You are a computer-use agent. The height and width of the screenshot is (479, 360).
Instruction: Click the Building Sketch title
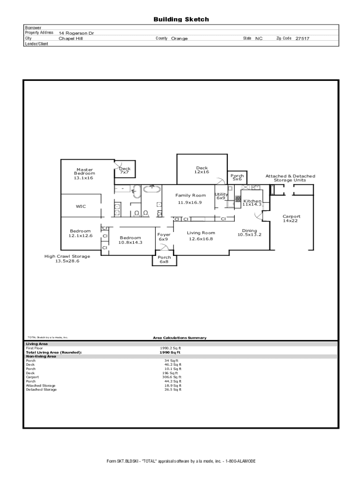[x=181, y=20]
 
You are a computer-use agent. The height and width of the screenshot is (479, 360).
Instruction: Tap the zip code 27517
[x=302, y=38]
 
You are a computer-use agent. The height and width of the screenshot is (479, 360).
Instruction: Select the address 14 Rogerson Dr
[x=76, y=33]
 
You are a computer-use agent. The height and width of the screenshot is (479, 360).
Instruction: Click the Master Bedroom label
[x=85, y=174]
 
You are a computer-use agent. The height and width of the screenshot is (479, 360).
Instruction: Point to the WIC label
[x=81, y=206]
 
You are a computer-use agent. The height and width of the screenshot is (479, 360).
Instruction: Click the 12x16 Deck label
[x=202, y=170]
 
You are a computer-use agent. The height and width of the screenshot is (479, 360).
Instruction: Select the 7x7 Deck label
[x=124, y=170]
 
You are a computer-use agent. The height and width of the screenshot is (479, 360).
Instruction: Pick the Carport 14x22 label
[x=291, y=218]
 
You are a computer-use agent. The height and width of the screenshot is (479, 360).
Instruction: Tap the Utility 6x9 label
[x=221, y=196]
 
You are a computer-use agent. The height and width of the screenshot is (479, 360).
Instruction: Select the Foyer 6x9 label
[x=164, y=237]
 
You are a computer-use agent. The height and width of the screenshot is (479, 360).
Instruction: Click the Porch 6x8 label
[x=164, y=259]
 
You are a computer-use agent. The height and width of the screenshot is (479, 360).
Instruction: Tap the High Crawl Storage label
[x=67, y=259]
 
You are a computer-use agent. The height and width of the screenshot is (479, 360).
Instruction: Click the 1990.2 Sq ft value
[x=170, y=348]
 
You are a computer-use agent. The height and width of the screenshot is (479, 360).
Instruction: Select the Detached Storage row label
[x=41, y=390]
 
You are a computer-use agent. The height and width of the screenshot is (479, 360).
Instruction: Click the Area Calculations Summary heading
[x=180, y=338]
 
